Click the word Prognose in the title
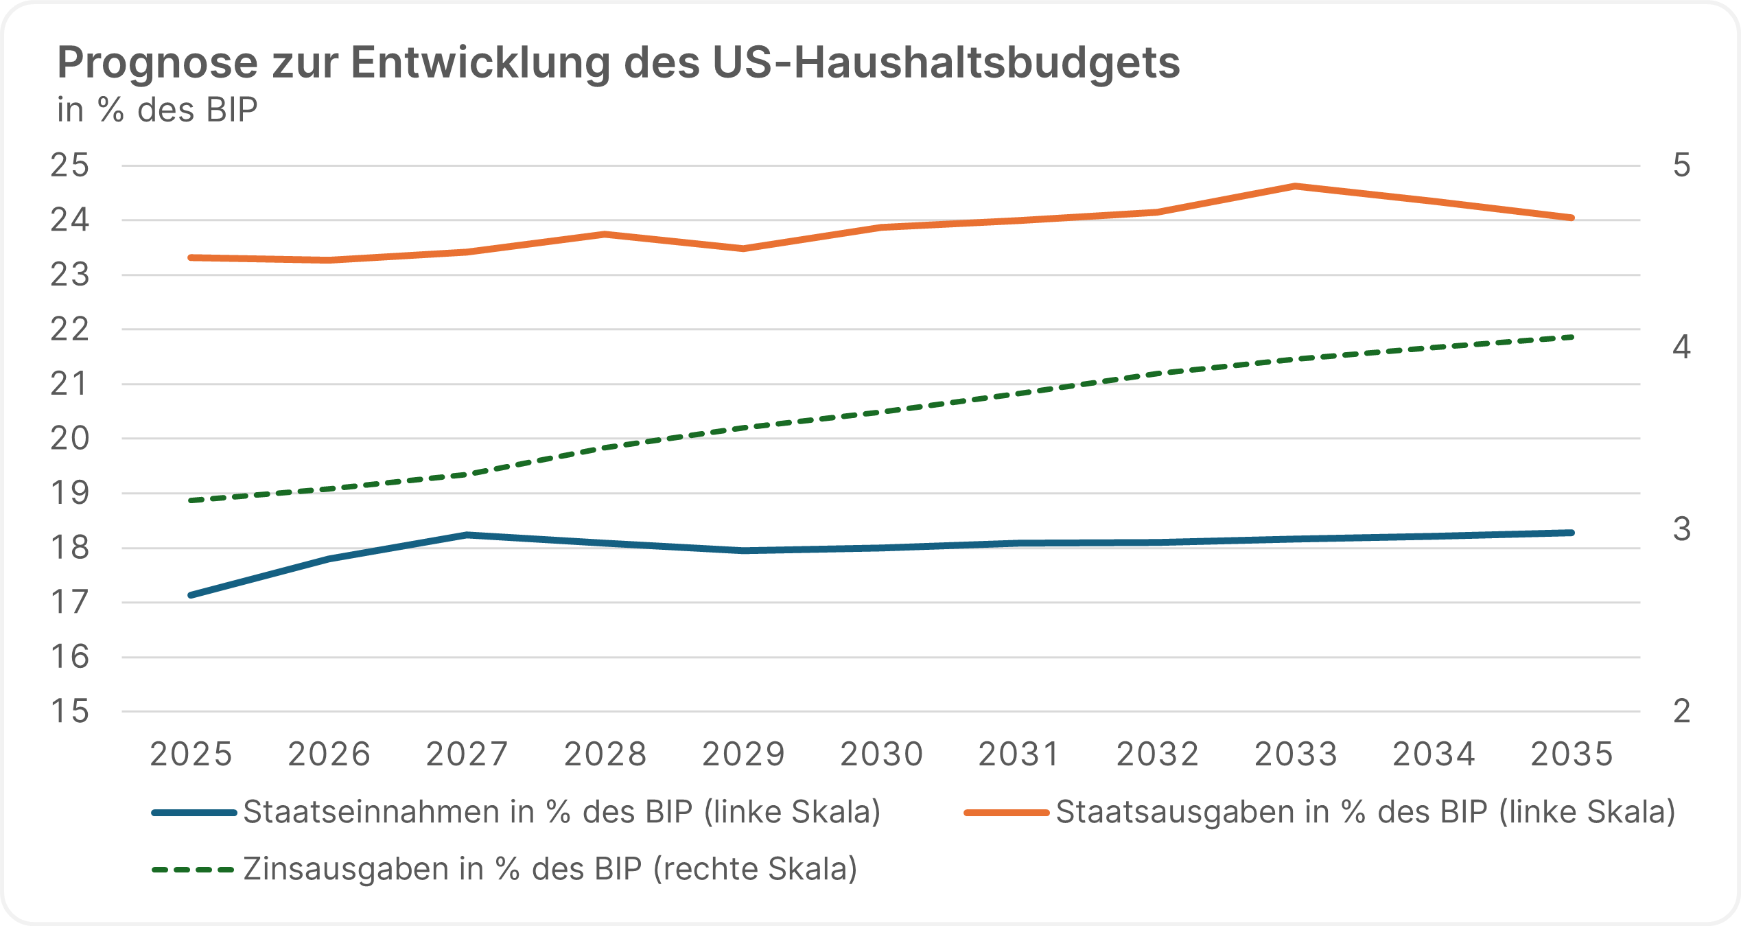point(157,63)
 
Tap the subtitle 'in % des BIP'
point(157,110)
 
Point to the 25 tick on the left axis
point(70,165)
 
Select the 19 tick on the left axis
point(70,493)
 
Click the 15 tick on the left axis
point(70,712)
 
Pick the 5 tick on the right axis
point(1681,165)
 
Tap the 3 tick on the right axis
point(1681,529)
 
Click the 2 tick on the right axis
point(1681,712)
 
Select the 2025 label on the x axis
point(191,754)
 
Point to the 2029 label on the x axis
point(743,754)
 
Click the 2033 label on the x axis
point(1296,754)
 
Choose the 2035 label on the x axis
point(1571,754)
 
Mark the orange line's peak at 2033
point(1295,186)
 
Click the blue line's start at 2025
point(191,595)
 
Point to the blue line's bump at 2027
point(467,535)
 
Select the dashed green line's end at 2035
point(1571,337)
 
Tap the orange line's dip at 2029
point(743,248)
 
